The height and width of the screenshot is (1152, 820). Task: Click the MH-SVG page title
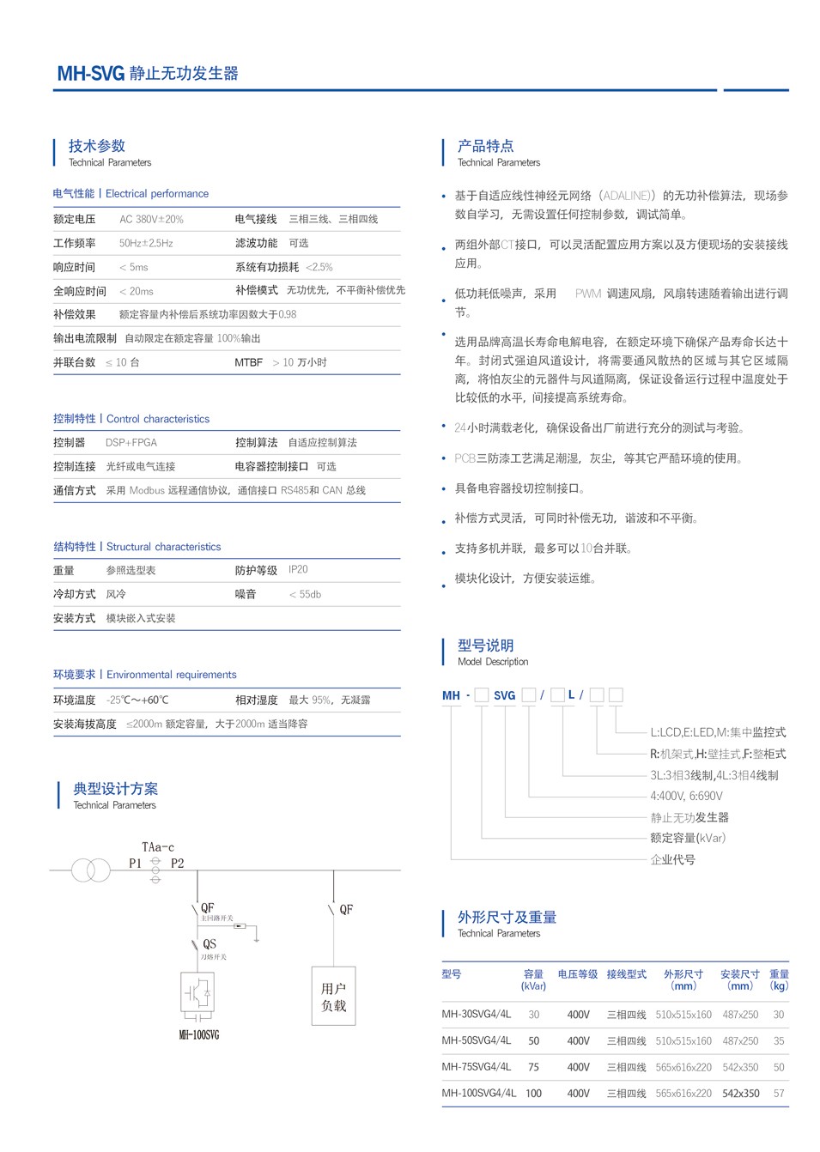pyautogui.click(x=148, y=74)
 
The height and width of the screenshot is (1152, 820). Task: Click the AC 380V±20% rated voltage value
pyautogui.click(x=151, y=220)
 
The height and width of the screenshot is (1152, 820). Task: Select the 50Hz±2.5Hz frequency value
pyautogui.click(x=146, y=244)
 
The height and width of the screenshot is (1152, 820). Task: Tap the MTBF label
pyautogui.click(x=248, y=363)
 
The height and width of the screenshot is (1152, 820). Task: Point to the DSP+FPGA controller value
pyautogui.click(x=131, y=443)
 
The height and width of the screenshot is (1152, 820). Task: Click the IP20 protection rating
pyautogui.click(x=298, y=570)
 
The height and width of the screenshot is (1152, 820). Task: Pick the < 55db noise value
pyautogui.click(x=305, y=594)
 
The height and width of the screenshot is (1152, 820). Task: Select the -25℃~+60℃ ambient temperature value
pyautogui.click(x=137, y=700)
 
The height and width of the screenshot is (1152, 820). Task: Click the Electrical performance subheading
pyautogui.click(x=157, y=194)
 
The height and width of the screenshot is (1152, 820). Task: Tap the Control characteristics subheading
pyautogui.click(x=158, y=419)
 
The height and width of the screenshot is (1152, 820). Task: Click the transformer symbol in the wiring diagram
pyautogui.click(x=91, y=870)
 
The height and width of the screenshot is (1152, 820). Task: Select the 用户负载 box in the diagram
pyautogui.click(x=333, y=997)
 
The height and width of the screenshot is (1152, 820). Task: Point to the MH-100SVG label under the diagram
pyautogui.click(x=199, y=1035)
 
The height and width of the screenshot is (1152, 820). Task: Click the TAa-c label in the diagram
pyautogui.click(x=158, y=847)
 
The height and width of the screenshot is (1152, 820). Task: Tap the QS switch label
pyautogui.click(x=210, y=944)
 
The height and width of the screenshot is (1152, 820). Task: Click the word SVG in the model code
pyautogui.click(x=505, y=695)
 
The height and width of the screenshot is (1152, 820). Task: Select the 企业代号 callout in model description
pyautogui.click(x=672, y=860)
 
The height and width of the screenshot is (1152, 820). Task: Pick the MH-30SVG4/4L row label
pyautogui.click(x=477, y=1015)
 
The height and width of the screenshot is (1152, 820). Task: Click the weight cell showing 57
pyautogui.click(x=779, y=1094)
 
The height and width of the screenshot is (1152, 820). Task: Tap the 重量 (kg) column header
pyautogui.click(x=779, y=980)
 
